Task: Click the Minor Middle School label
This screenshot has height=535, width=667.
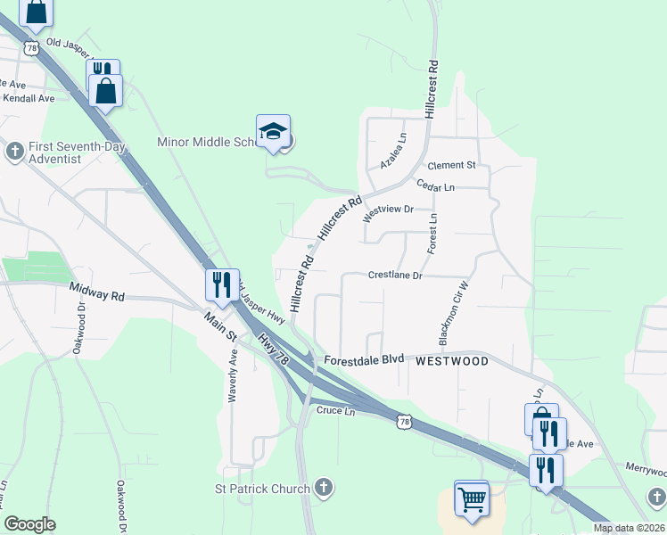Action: pyautogui.click(x=205, y=142)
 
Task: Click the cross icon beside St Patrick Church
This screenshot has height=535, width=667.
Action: pyautogui.click(x=325, y=488)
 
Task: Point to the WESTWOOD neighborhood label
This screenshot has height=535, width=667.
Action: pyautogui.click(x=452, y=361)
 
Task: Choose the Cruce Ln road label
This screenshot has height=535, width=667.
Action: pyautogui.click(x=336, y=410)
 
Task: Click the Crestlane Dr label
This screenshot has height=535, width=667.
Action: pyautogui.click(x=395, y=276)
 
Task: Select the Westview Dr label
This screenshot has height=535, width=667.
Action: pyautogui.click(x=390, y=210)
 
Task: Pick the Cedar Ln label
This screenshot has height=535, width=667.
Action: pyautogui.click(x=436, y=186)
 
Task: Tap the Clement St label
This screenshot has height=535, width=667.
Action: pyautogui.click(x=452, y=166)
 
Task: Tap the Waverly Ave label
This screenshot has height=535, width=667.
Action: pyautogui.click(x=233, y=375)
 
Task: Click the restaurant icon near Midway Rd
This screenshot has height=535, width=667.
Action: pyautogui.click(x=221, y=285)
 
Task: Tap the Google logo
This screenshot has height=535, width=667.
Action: pyautogui.click(x=29, y=524)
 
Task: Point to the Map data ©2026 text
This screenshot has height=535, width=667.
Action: pyautogui.click(x=629, y=529)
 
